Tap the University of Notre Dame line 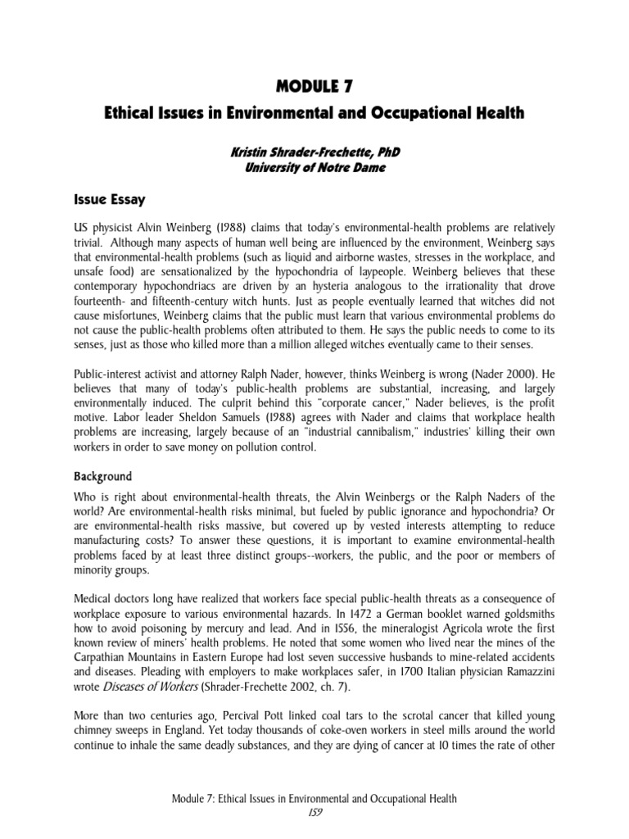click(314, 170)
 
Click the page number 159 click(314, 813)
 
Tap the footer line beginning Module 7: click(314, 798)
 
